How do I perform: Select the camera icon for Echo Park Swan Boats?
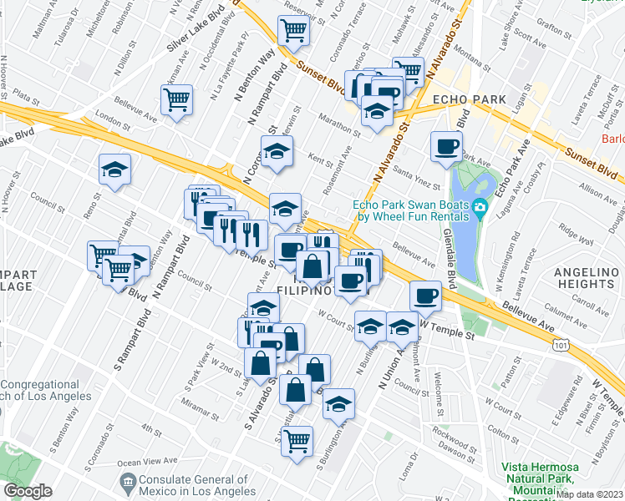(x=480, y=208)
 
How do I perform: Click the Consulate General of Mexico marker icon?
(x=127, y=482)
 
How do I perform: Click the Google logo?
(x=28, y=492)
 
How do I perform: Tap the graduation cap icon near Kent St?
(x=276, y=151)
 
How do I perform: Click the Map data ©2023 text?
(x=589, y=494)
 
